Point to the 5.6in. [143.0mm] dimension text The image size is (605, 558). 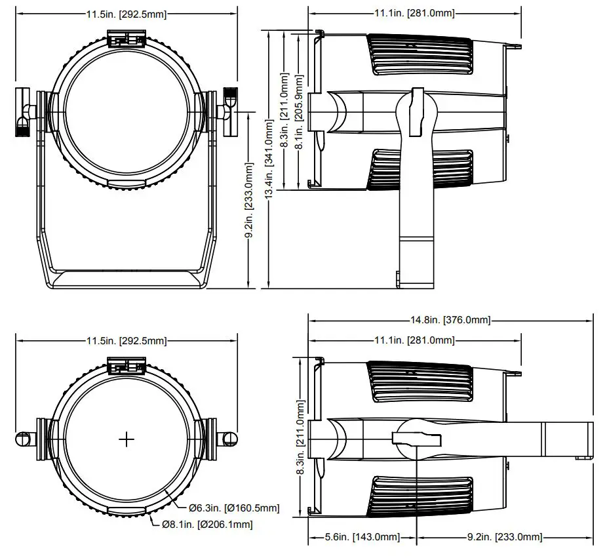click(362, 537)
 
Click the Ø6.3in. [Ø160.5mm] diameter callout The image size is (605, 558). click(233, 508)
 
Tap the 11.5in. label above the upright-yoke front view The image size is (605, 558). click(126, 14)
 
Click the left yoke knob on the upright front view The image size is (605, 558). click(24, 113)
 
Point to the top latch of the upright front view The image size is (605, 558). click(127, 41)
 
